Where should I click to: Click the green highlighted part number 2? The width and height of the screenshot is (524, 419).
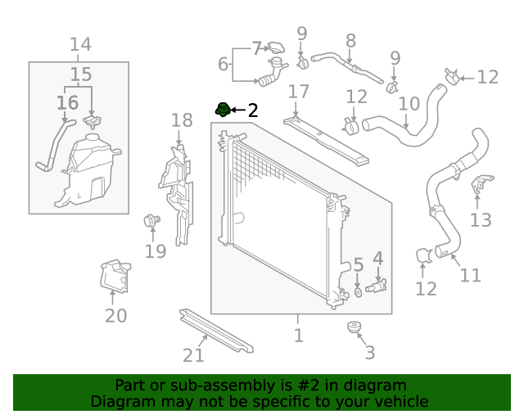click(221, 109)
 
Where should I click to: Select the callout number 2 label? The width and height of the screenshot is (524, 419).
click(252, 110)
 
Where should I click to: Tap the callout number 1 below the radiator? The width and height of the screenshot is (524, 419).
click(298, 335)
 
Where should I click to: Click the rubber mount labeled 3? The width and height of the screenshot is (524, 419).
click(355, 330)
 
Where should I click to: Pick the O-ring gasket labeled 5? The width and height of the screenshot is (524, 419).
click(359, 291)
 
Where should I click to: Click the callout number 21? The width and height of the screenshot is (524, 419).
click(193, 355)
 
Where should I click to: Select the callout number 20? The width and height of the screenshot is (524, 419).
click(116, 315)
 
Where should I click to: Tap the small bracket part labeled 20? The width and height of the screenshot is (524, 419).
click(115, 276)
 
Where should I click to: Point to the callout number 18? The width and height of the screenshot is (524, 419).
click(182, 120)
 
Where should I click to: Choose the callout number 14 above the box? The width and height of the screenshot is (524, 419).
click(80, 44)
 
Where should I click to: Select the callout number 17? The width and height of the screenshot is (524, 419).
click(298, 92)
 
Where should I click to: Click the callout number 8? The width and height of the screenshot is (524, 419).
click(350, 40)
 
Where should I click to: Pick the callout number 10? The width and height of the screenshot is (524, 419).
click(409, 104)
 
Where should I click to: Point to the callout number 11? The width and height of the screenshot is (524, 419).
click(470, 275)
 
